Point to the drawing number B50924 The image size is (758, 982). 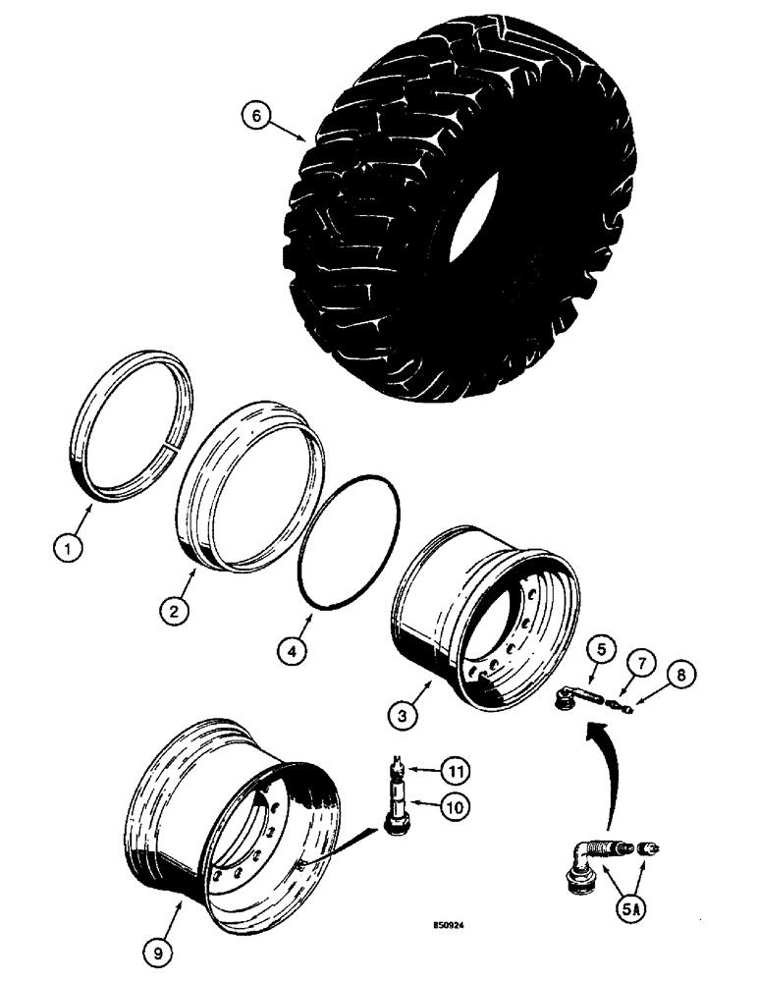tap(456, 924)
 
